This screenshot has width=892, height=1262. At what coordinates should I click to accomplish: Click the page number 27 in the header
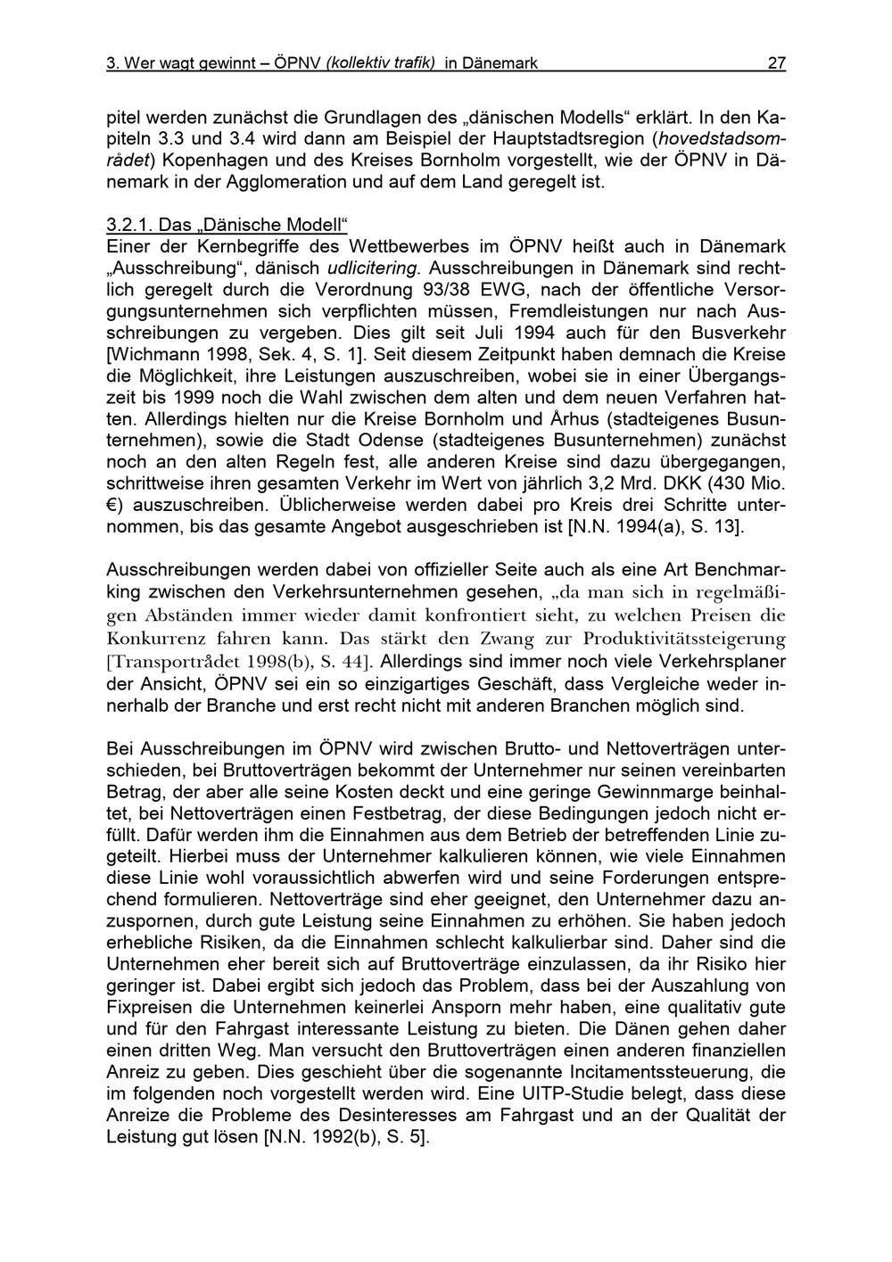click(x=776, y=63)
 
